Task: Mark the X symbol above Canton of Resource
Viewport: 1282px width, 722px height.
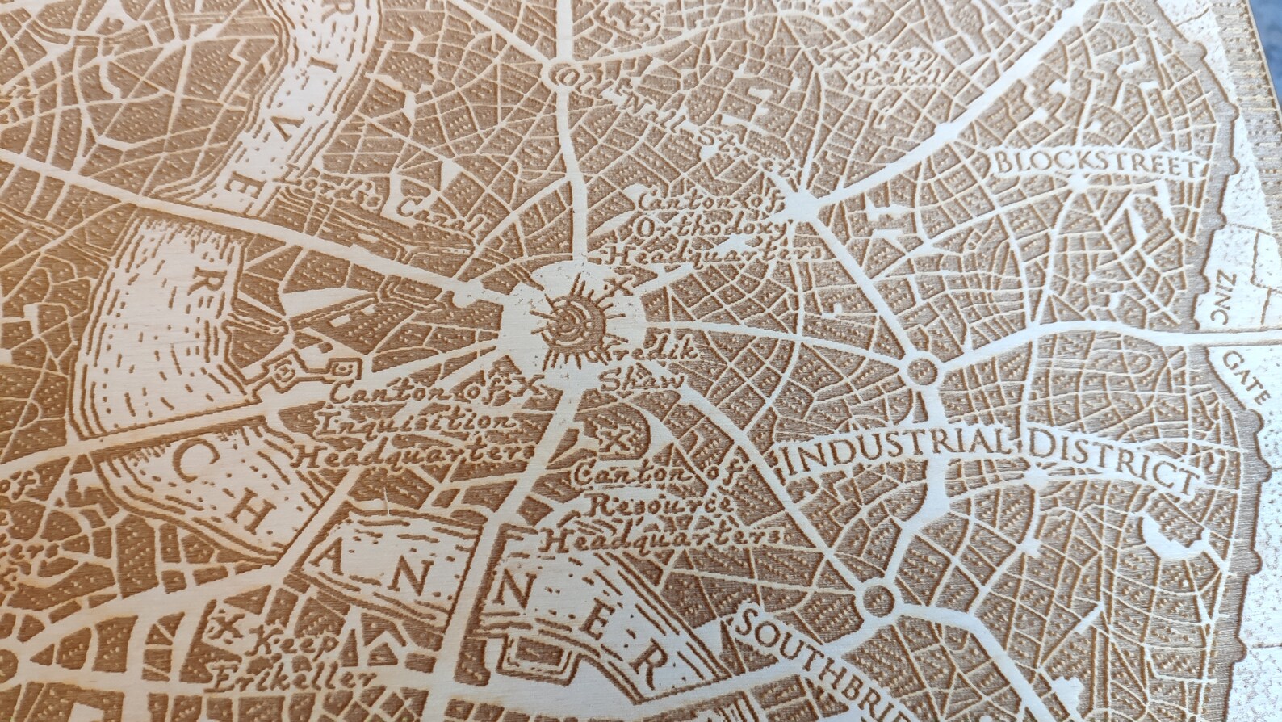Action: tap(619, 439)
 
